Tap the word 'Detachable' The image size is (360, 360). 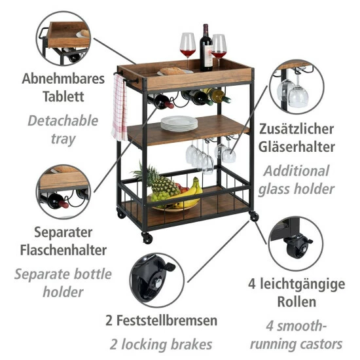tap(63, 120)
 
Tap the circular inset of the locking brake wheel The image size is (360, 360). tap(154, 282)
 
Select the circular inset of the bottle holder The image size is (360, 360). tap(63, 190)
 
